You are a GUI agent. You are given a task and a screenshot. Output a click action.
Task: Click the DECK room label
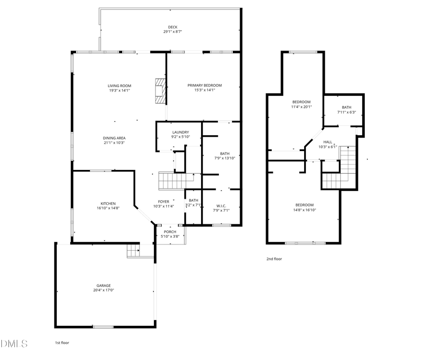172,27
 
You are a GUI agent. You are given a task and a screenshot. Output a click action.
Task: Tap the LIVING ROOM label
119,86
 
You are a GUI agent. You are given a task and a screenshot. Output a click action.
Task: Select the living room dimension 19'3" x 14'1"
119,90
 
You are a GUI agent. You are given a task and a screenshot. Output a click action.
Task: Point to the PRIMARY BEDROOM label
204,85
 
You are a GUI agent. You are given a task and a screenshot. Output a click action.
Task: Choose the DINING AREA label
114,138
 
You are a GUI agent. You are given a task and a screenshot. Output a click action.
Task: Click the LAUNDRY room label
180,132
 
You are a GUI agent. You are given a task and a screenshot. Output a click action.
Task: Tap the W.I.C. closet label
221,206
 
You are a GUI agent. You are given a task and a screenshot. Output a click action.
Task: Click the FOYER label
164,201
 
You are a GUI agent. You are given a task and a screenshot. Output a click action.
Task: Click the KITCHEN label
108,203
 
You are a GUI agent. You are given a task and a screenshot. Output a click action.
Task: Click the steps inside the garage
133,251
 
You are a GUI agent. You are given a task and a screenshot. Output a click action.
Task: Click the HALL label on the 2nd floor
328,142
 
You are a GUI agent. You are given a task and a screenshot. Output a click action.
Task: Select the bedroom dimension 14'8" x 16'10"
304,210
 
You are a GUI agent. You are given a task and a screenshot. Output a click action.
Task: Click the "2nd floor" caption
274,259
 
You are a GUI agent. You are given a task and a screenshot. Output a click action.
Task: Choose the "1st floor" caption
62,343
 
